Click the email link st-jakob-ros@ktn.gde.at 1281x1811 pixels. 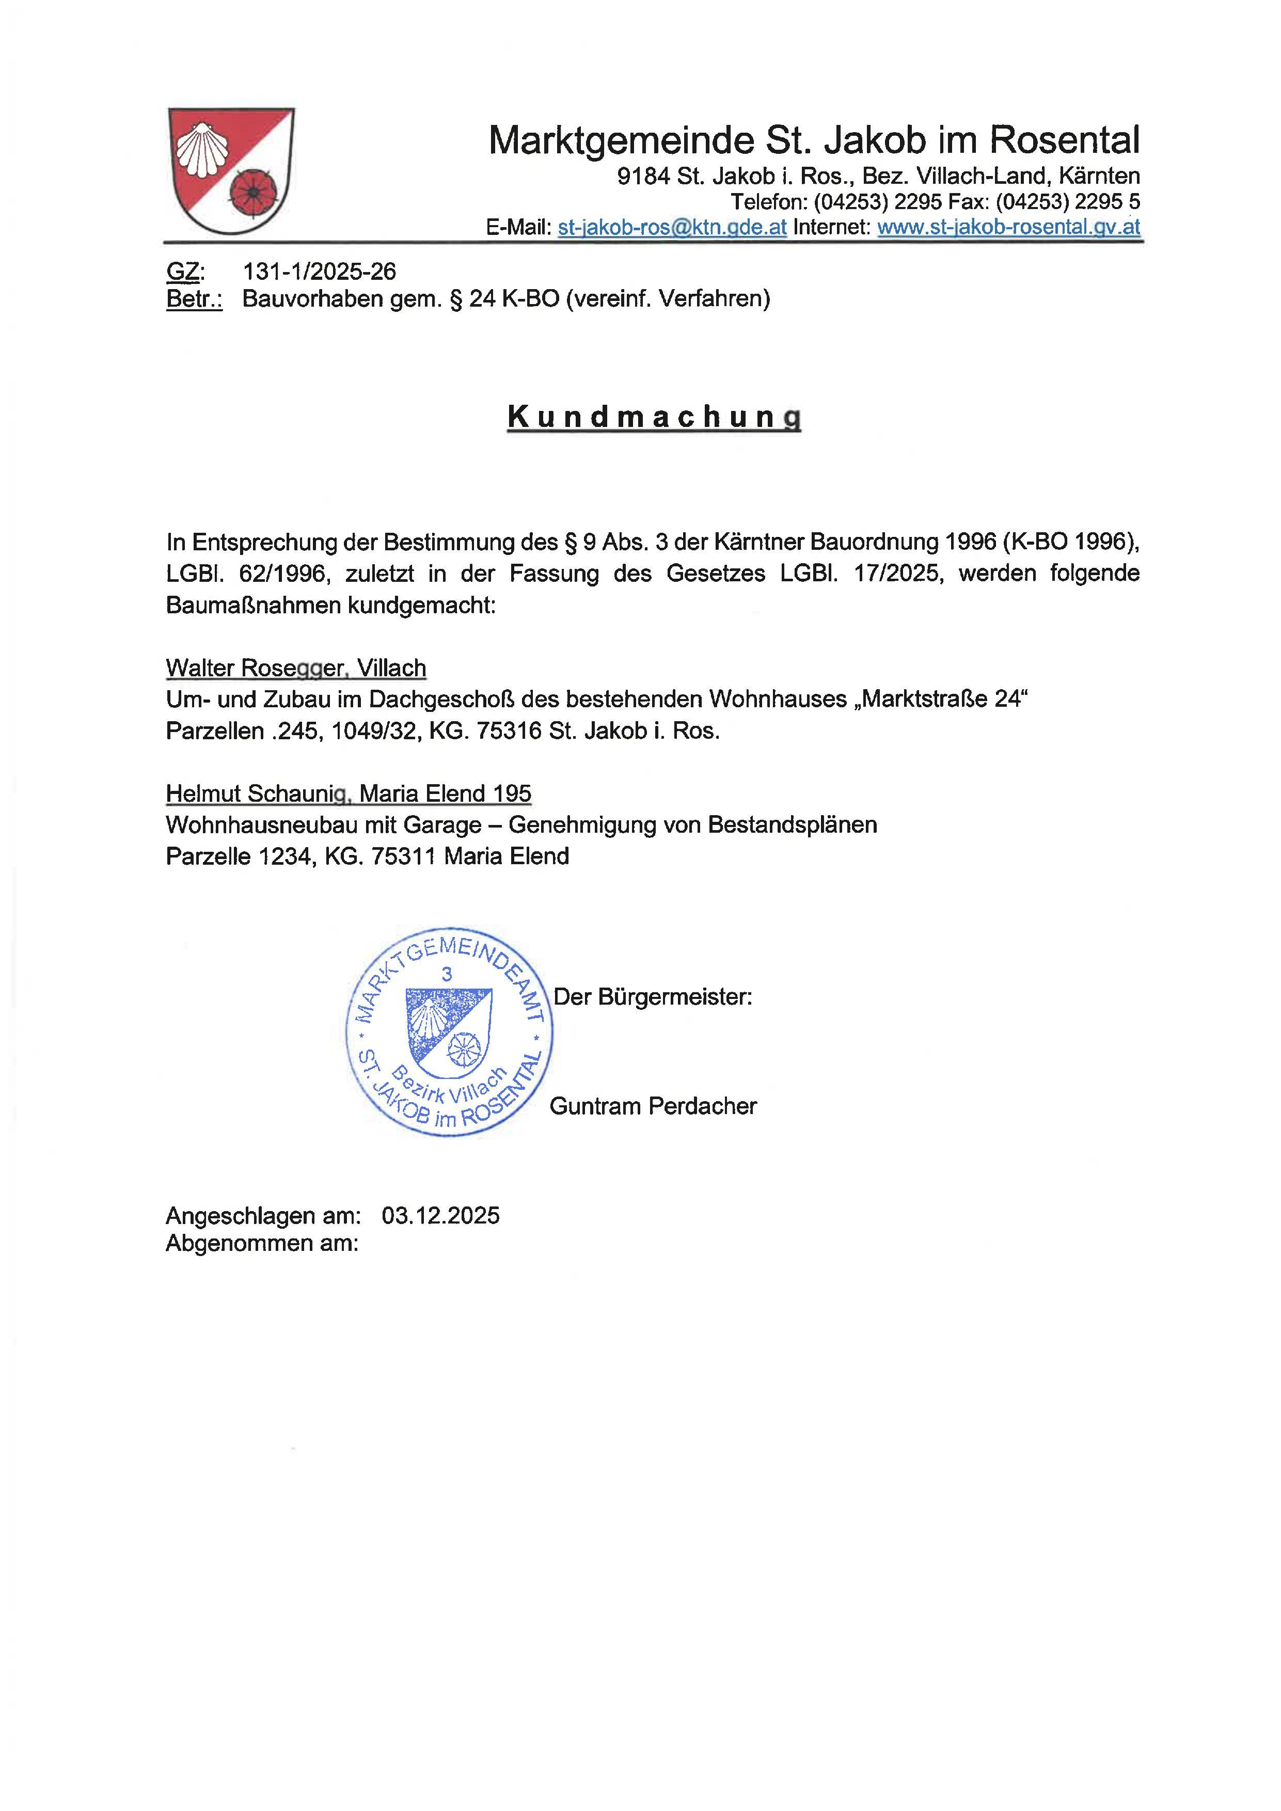(672, 227)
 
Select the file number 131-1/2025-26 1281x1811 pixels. (320, 272)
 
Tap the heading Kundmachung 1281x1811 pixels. (654, 417)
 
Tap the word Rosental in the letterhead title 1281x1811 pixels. (1064, 140)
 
